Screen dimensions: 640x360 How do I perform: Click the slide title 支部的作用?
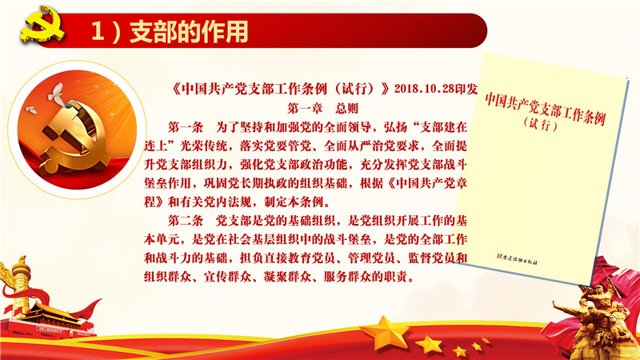(189, 32)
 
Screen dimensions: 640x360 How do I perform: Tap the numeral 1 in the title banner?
(98, 31)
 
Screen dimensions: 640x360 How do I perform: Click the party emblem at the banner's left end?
(42, 25)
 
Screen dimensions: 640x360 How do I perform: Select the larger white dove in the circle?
(56, 92)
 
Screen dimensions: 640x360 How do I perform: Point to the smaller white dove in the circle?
(31, 110)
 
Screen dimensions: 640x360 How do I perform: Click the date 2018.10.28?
(425, 89)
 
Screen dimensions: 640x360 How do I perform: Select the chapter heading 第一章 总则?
(323, 108)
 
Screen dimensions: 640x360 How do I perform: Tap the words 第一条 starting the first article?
(186, 127)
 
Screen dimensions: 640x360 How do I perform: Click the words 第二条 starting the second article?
(186, 221)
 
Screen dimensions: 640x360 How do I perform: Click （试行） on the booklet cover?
(541, 124)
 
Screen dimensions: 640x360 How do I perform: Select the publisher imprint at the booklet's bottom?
(517, 259)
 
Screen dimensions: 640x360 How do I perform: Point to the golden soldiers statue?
(599, 318)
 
